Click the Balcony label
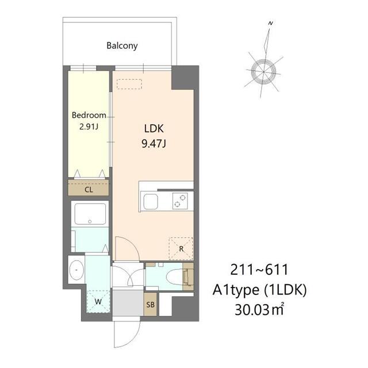[x=122, y=45]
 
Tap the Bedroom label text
[x=89, y=115]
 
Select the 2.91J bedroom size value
[x=89, y=126]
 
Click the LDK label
[x=154, y=129]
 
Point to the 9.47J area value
[x=154, y=143]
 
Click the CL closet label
[x=89, y=190]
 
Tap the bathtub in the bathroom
[x=90, y=214]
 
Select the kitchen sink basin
[x=151, y=201]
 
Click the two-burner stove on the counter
[x=180, y=201]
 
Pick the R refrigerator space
[x=181, y=249]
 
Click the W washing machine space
[x=98, y=301]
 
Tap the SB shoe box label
[x=151, y=305]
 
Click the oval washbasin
[x=76, y=270]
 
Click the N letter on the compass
[x=271, y=23]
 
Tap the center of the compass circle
[x=263, y=71]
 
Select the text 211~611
[x=259, y=270]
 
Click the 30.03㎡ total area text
[x=259, y=310]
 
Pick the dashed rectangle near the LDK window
[x=129, y=84]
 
